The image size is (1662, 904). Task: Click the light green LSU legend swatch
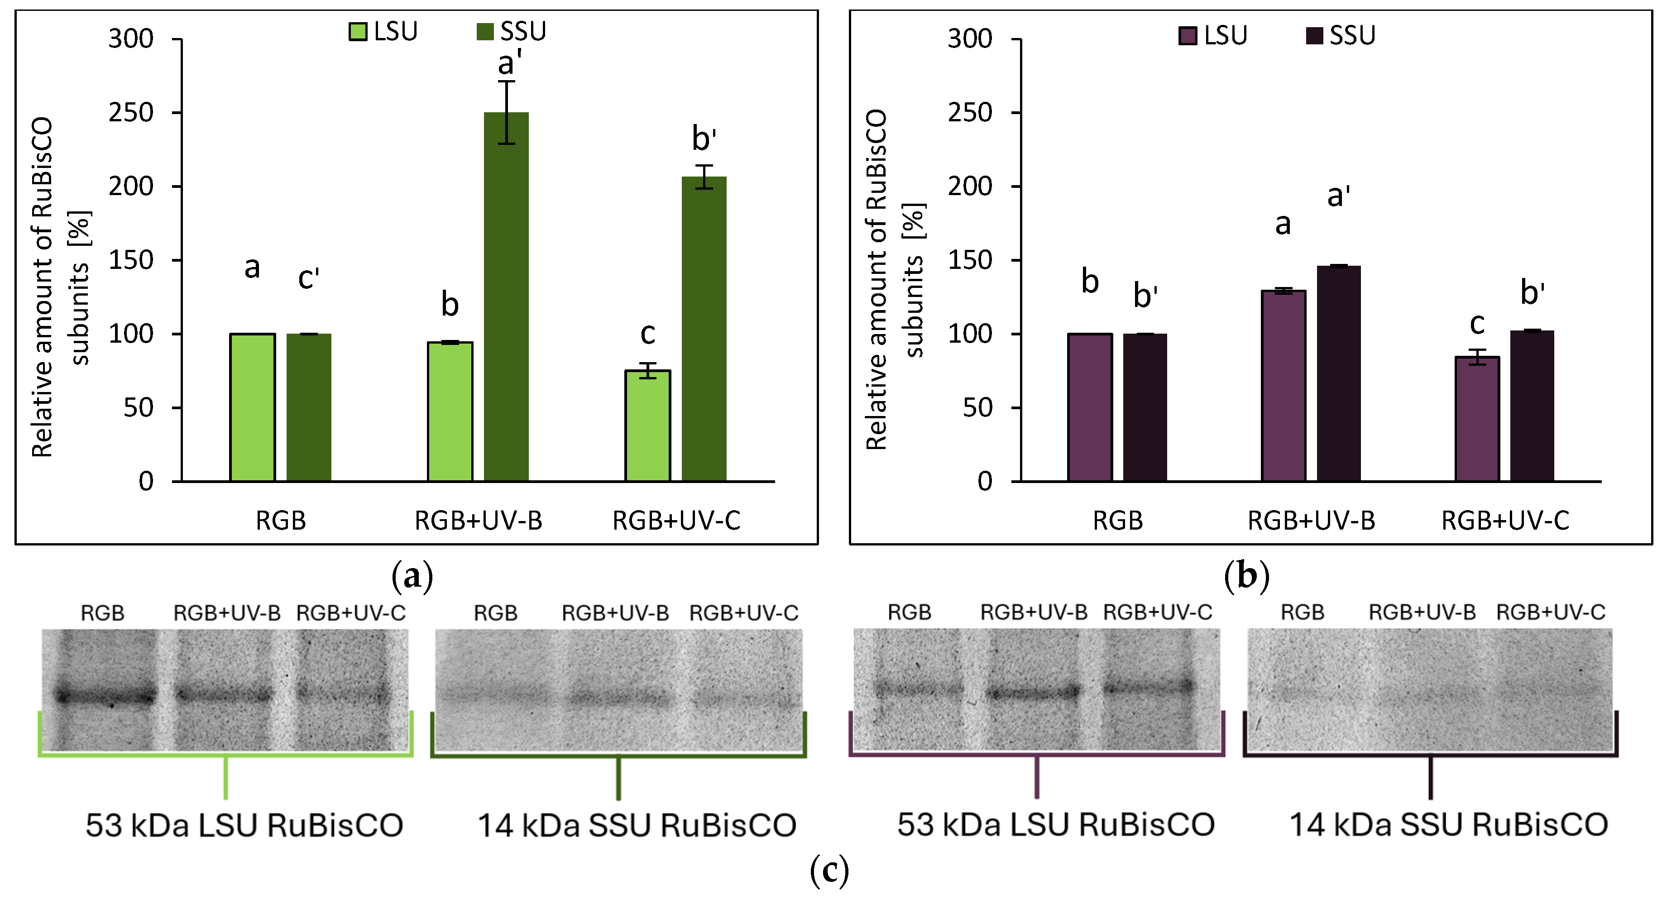[x=357, y=31]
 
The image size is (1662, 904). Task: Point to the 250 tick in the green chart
[x=131, y=113]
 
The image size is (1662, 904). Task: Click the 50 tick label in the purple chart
[x=977, y=408]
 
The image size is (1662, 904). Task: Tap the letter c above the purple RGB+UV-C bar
[x=1477, y=323]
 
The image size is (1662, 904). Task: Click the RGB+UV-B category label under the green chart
[x=478, y=520]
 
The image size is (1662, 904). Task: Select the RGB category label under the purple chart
[x=1117, y=520]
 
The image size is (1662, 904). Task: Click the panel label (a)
[x=412, y=575]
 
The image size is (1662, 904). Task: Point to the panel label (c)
[x=829, y=871]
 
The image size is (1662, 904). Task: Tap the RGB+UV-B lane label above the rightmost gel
[x=1422, y=612]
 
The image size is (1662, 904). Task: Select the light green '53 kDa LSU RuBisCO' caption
[x=244, y=825]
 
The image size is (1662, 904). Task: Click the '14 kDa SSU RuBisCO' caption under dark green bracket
[x=637, y=825]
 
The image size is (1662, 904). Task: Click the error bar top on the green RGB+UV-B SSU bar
[x=507, y=81]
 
